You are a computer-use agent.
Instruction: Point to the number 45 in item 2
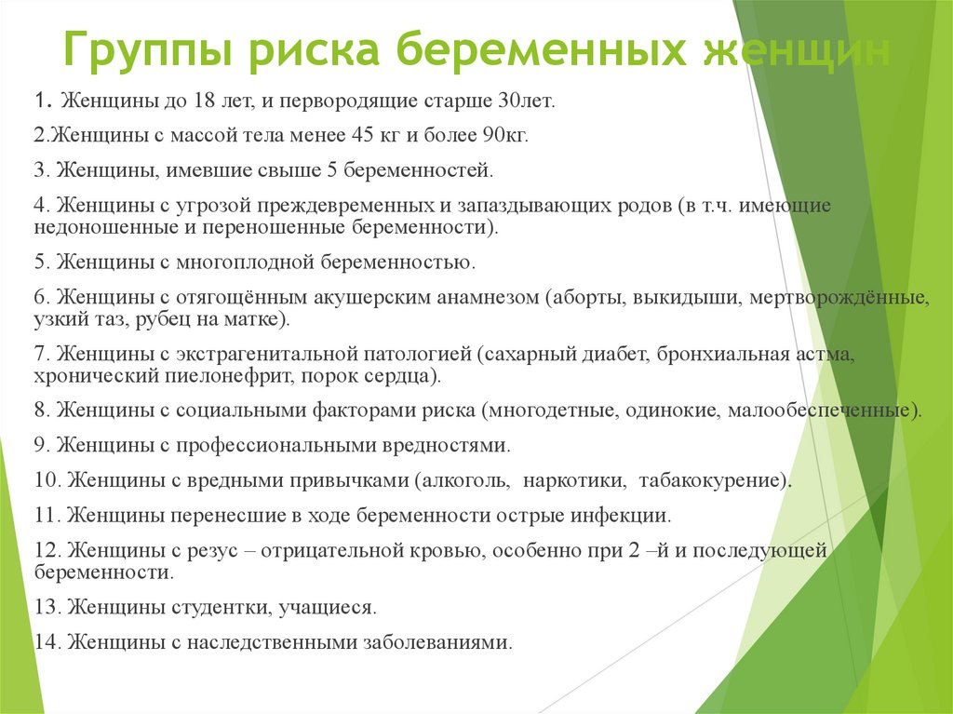362,134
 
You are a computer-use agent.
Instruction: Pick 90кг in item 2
505,134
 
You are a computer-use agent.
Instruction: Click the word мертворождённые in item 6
850,297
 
